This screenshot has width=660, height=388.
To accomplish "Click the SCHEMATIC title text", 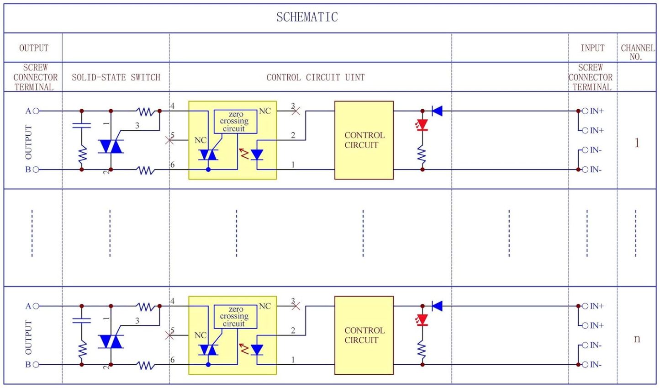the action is point(307,17).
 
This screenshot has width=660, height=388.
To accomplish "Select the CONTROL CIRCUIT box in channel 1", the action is point(364,140).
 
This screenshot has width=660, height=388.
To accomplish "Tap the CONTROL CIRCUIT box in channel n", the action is point(364,335).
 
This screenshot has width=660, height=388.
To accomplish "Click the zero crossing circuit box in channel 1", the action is point(235,122).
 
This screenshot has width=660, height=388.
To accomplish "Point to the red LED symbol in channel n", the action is point(422,320).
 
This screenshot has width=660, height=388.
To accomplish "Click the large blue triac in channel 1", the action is point(111,147).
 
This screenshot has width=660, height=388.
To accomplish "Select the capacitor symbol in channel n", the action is point(82,320).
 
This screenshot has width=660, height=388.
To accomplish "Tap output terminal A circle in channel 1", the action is point(36,111).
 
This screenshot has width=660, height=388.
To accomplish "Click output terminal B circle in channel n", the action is point(36,365).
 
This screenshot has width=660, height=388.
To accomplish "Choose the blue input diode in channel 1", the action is point(437,111).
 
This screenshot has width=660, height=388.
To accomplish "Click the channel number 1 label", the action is point(637,143).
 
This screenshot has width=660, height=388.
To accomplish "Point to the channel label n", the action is point(637,339).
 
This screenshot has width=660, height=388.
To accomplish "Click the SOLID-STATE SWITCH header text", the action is point(116,77).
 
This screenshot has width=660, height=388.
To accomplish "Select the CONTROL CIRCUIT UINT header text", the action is point(316,77).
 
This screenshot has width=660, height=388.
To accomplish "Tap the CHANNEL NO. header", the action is point(638,52).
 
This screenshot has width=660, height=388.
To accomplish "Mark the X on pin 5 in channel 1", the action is point(169,140).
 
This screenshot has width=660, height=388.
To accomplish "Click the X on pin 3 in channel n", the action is point(296,306).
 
